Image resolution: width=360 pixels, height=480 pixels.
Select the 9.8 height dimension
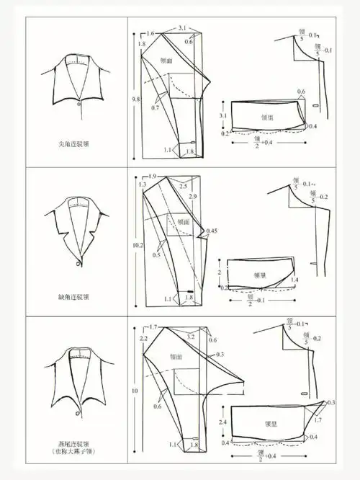135,98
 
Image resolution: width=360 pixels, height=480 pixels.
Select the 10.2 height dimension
135,244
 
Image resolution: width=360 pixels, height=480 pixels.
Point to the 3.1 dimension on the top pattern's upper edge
183,28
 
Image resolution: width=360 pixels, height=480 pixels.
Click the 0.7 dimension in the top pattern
155,107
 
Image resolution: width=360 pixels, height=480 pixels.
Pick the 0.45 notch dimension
212,231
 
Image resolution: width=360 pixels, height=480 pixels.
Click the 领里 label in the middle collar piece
260,275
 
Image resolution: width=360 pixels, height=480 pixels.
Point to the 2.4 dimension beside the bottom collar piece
222,422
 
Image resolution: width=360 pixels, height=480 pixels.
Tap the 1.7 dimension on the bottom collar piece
319,419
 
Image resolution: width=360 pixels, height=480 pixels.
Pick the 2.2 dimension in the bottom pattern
143,338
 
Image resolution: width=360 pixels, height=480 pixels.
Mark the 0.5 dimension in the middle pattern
156,255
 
